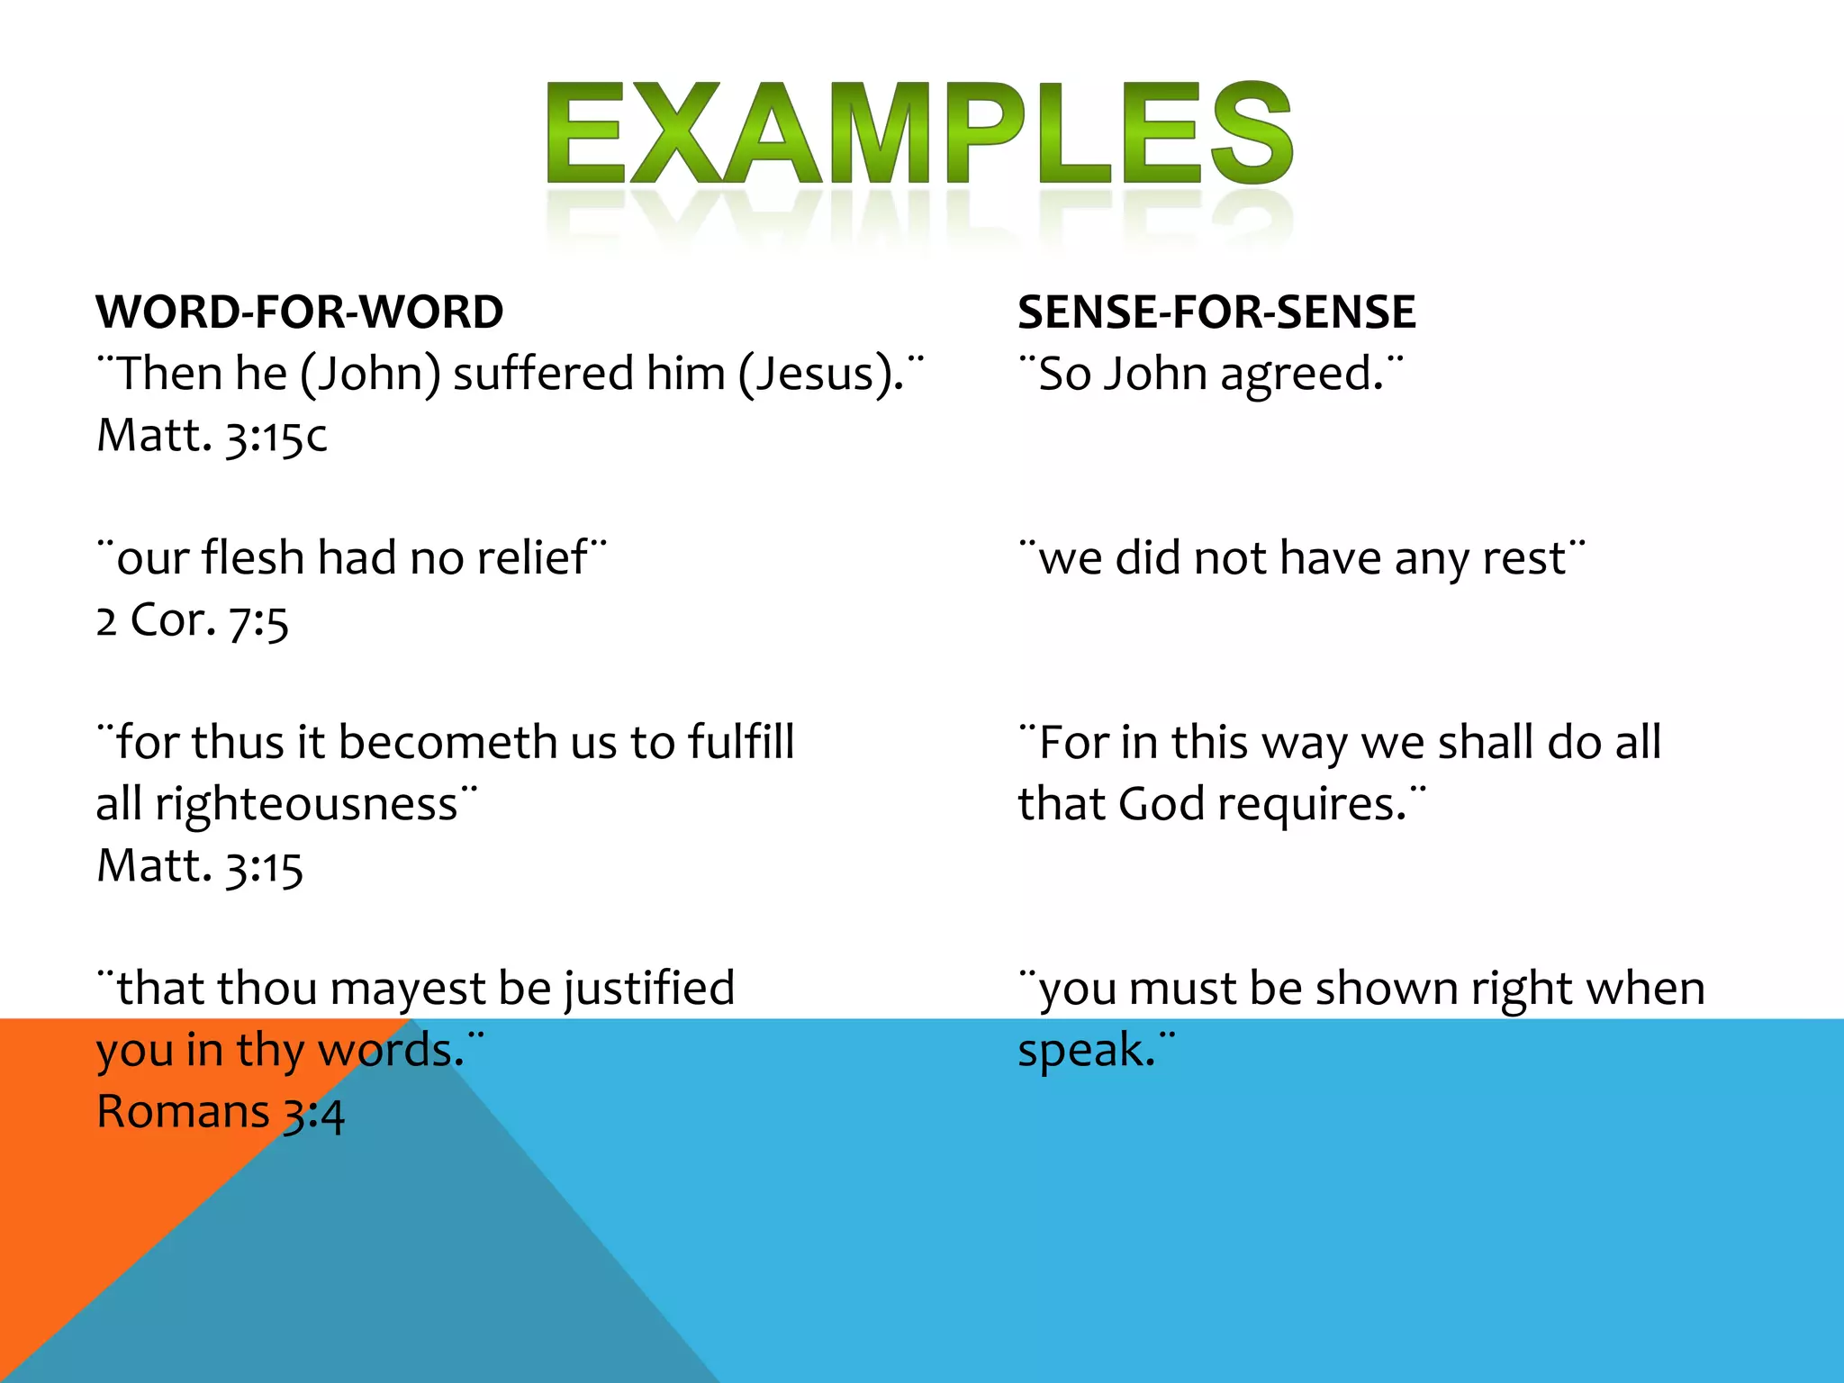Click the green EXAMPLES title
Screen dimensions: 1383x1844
919,135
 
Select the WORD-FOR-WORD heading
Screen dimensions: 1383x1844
299,312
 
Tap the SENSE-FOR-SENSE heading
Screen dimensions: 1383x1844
1216,312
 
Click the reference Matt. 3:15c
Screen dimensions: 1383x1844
212,436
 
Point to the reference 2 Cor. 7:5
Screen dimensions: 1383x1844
192,620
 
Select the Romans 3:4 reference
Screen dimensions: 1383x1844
220,1112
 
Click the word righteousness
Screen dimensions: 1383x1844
306,804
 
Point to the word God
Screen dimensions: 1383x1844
1161,804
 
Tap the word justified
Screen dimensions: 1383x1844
649,989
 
